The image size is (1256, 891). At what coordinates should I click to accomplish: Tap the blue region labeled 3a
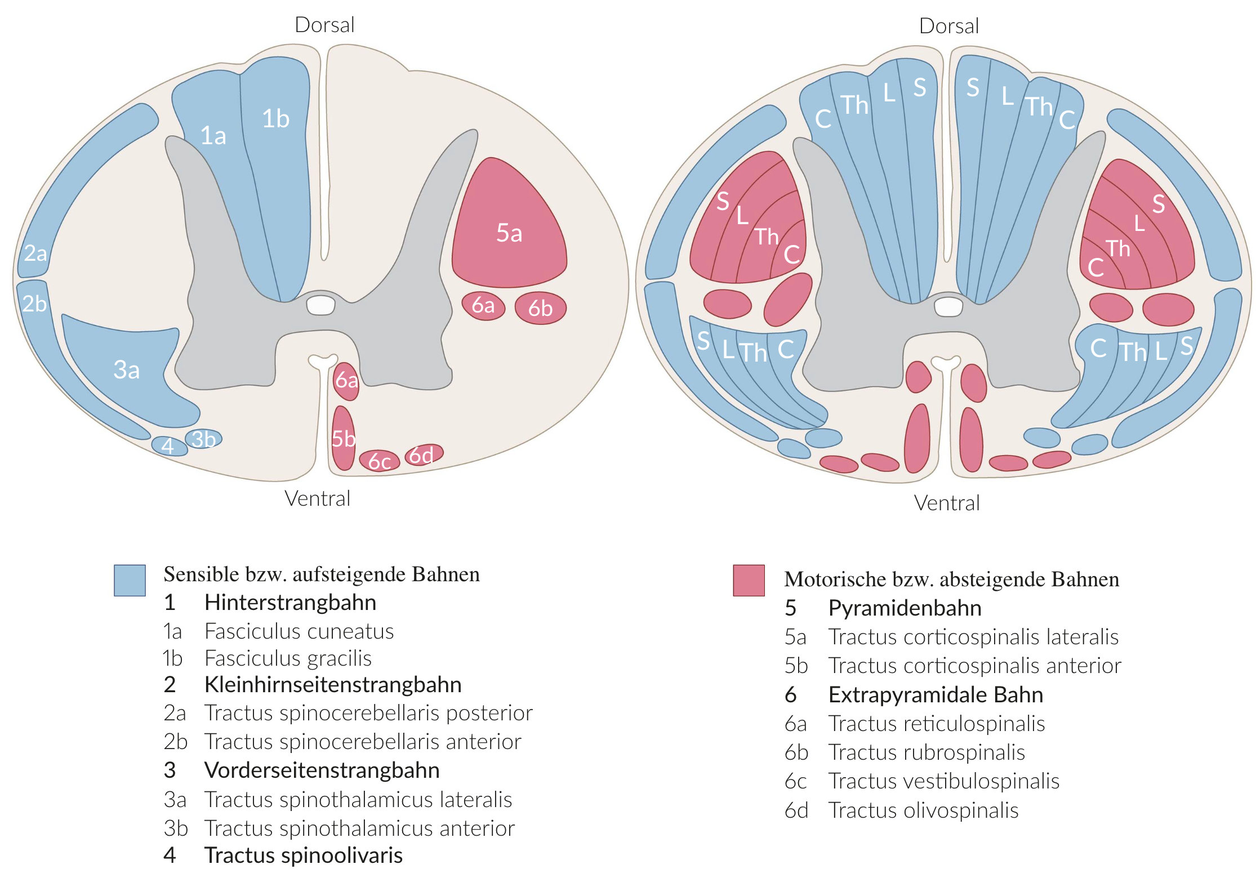pyautogui.click(x=127, y=369)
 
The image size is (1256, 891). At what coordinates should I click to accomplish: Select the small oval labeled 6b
pyautogui.click(x=540, y=308)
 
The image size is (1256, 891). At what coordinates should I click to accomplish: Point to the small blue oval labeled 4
pyautogui.click(x=168, y=446)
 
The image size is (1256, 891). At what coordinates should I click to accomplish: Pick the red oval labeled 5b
pyautogui.click(x=343, y=438)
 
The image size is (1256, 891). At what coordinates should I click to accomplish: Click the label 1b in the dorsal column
pyautogui.click(x=276, y=119)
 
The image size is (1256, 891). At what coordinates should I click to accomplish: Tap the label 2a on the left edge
pyautogui.click(x=35, y=253)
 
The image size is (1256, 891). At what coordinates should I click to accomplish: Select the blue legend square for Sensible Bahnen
pyautogui.click(x=130, y=580)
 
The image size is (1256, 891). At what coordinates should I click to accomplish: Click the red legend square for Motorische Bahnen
pyautogui.click(x=749, y=580)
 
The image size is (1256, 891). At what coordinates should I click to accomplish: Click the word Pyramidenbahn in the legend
pyautogui.click(x=905, y=608)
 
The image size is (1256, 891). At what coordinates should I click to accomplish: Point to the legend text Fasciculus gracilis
pyautogui.click(x=288, y=658)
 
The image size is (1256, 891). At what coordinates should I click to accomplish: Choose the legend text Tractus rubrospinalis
pyautogui.click(x=927, y=752)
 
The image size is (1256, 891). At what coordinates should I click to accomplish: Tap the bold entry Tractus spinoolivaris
pyautogui.click(x=303, y=855)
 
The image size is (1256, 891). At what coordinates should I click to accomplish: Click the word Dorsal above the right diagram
pyautogui.click(x=948, y=26)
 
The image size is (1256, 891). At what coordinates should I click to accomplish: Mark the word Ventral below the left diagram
pyautogui.click(x=317, y=498)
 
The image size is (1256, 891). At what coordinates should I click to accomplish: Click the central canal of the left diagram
pyautogui.click(x=320, y=305)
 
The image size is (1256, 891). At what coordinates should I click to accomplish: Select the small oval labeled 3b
pyautogui.click(x=203, y=439)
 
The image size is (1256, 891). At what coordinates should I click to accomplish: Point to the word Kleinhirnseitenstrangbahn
pyautogui.click(x=333, y=684)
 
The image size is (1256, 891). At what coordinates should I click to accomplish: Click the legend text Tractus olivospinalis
pyautogui.click(x=923, y=810)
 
